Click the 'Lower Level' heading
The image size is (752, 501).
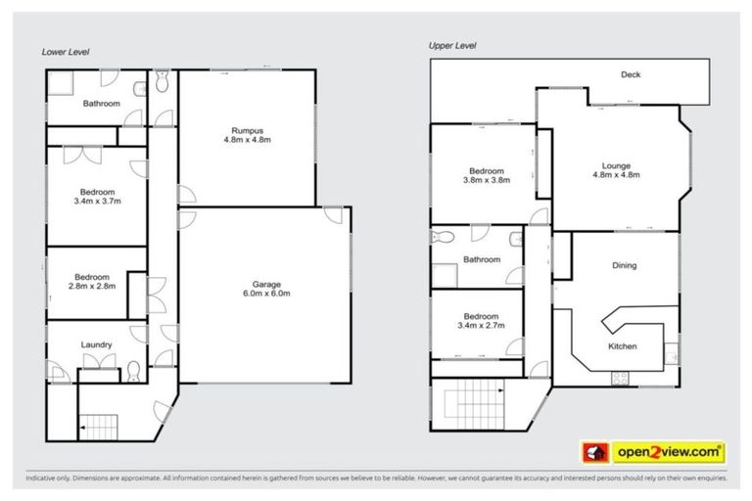(65, 52)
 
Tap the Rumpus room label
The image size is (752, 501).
(248, 132)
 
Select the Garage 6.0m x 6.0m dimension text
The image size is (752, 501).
(265, 293)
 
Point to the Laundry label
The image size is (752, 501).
(97, 344)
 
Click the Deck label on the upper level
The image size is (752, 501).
(631, 75)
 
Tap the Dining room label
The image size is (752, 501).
(624, 265)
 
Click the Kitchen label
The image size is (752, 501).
(623, 346)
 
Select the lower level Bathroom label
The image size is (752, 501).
(101, 103)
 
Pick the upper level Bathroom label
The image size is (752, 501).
(482, 259)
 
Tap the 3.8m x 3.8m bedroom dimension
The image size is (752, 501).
(487, 179)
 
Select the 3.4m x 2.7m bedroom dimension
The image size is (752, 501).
(482, 325)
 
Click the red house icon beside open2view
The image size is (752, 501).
(593, 452)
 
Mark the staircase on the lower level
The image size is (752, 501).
(98, 425)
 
